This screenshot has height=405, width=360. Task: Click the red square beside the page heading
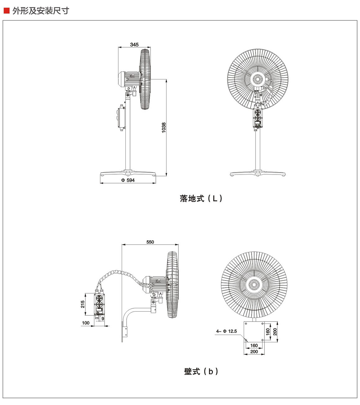pos(7,11)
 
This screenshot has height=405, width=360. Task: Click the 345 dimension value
pos(134,45)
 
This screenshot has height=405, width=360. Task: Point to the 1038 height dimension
pos(164,127)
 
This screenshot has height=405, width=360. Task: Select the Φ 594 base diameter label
pos(128,180)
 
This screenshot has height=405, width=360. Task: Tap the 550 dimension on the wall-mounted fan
pos(150,242)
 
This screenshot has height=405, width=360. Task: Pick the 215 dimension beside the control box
pos(83,304)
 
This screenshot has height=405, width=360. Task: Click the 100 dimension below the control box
pos(86,323)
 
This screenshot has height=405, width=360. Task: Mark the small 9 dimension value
pos(103,318)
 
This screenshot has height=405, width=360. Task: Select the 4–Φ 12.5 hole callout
pos(226,331)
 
